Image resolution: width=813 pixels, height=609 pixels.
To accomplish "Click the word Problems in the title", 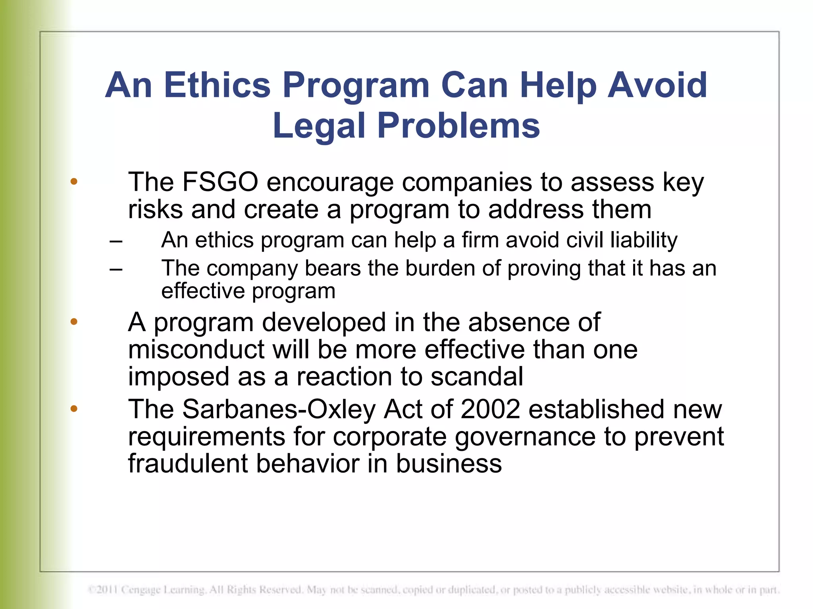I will (x=459, y=125).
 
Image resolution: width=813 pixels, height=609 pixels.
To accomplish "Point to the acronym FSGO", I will (x=220, y=182).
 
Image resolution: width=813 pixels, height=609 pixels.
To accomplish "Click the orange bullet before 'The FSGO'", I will (x=74, y=182).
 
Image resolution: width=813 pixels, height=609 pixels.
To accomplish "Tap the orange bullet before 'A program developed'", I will (x=74, y=322).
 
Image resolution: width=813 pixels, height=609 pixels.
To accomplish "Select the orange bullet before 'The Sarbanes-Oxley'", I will (x=74, y=409).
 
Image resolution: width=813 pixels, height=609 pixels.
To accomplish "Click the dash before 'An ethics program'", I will (x=116, y=241).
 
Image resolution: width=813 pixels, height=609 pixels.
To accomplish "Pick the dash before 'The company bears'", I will (x=116, y=269).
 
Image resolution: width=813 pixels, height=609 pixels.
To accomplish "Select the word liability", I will (x=643, y=241).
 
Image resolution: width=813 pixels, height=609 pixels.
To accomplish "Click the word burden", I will (x=440, y=268).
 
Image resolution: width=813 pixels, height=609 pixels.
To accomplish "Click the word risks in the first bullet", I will (x=155, y=209).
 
